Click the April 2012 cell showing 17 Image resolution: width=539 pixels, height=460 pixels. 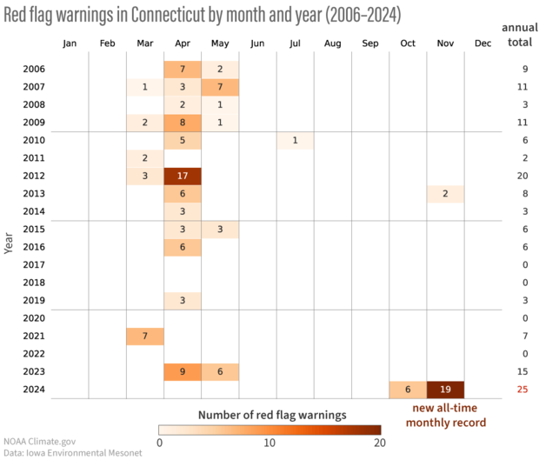[x=183, y=176]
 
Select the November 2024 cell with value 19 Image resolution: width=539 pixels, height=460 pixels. [x=445, y=389]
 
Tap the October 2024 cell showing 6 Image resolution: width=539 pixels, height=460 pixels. [x=408, y=389]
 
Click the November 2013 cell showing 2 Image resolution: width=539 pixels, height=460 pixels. [x=445, y=193]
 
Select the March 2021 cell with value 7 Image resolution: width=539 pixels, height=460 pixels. [x=144, y=336]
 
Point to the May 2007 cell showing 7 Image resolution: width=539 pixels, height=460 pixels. [x=220, y=87]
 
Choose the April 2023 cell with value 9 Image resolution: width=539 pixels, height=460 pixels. [x=183, y=371]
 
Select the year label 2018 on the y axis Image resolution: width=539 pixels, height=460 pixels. [x=34, y=283]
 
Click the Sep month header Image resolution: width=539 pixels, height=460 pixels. [x=370, y=43]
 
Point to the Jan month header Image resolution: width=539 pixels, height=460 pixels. [x=70, y=43]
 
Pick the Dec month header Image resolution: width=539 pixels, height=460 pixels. [x=482, y=43]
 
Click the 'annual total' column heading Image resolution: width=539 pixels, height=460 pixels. [x=520, y=36]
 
